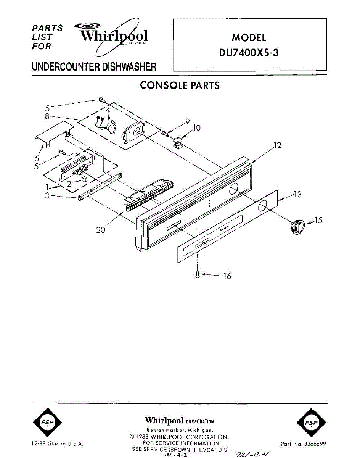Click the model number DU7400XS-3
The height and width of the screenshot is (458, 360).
249,53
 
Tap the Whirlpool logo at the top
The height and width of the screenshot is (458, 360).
113,36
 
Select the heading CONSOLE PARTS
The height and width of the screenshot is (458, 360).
180,85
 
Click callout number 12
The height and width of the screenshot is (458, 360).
277,145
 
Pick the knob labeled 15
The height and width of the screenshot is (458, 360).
297,226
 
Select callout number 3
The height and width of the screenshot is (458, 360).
47,196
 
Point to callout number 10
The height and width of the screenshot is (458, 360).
197,128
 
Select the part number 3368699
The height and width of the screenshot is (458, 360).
313,444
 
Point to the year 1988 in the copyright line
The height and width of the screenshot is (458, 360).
144,437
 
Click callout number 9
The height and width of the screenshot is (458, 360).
188,121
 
